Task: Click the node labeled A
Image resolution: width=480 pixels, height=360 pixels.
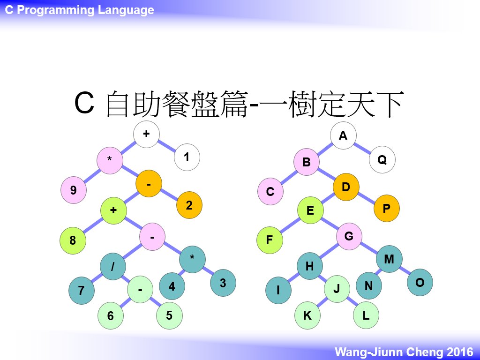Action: tap(343, 135)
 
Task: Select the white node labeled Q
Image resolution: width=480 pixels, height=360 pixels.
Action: tap(382, 159)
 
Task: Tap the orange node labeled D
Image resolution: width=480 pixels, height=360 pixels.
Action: tap(346, 187)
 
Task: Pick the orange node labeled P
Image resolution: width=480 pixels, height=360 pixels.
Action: tap(386, 208)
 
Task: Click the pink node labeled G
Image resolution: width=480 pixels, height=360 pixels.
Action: tap(349, 236)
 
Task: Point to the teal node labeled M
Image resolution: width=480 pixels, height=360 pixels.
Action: tap(389, 259)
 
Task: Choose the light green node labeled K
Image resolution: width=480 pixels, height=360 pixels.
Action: tap(307, 315)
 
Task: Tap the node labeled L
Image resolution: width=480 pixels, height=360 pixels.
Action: tap(366, 315)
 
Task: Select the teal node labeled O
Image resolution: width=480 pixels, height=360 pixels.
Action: tap(420, 282)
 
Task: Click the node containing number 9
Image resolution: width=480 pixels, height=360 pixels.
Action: tap(74, 190)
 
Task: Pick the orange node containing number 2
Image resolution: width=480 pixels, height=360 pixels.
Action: tap(189, 205)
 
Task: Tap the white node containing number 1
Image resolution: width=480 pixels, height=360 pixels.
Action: tap(187, 157)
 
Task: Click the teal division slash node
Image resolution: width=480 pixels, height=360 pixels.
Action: tap(113, 266)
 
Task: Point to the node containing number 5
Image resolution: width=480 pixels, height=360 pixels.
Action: tap(169, 315)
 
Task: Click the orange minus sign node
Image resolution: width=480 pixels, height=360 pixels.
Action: tap(149, 184)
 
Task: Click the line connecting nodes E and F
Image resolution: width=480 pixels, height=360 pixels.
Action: tap(290, 225)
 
